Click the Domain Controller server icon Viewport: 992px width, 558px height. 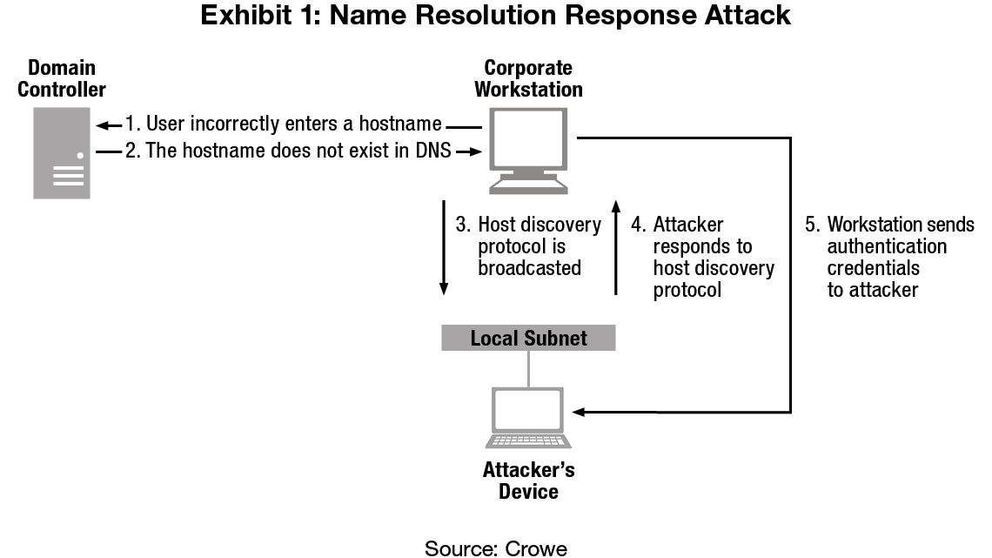62,152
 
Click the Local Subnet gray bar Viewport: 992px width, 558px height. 528,338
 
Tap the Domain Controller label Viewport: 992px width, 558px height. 62,78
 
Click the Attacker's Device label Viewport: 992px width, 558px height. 528,481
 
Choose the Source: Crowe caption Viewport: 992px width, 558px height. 495,548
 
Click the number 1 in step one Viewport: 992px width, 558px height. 130,124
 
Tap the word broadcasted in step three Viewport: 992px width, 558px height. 530,267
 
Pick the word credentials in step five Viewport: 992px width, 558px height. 874,268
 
